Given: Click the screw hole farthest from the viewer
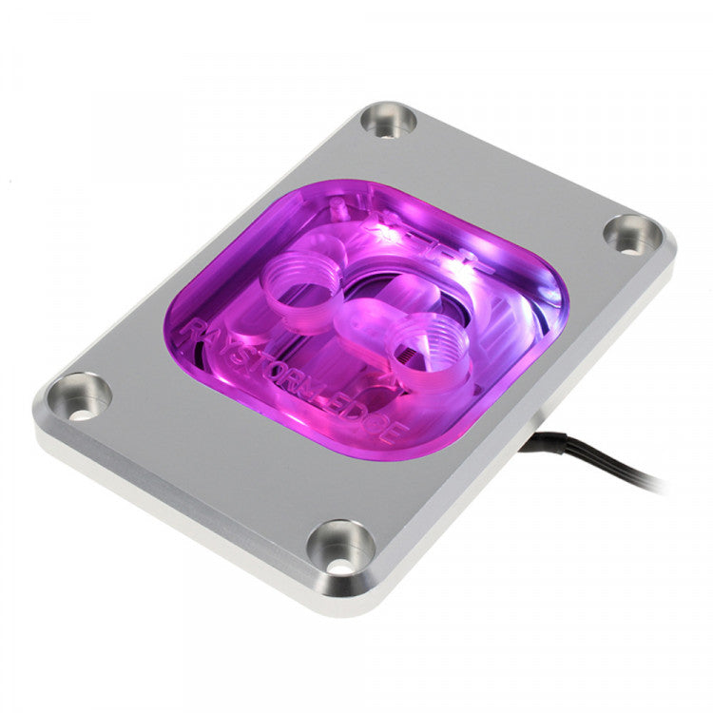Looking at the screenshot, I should coord(390,121).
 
